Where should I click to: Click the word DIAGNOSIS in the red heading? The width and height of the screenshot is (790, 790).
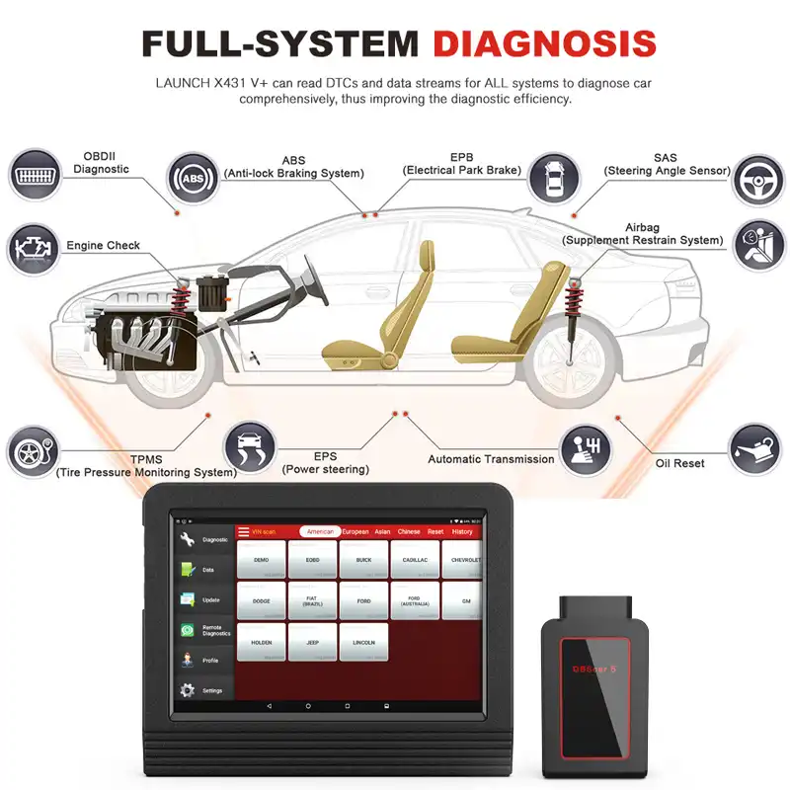click(545, 43)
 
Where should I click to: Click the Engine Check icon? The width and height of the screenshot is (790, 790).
click(34, 249)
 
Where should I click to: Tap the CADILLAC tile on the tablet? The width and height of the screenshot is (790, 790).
click(415, 560)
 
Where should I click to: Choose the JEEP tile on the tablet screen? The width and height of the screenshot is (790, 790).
click(313, 642)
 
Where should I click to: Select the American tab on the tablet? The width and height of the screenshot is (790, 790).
click(320, 531)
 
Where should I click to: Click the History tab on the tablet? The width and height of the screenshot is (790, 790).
click(462, 531)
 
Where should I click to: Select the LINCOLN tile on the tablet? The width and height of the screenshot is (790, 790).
click(363, 642)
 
